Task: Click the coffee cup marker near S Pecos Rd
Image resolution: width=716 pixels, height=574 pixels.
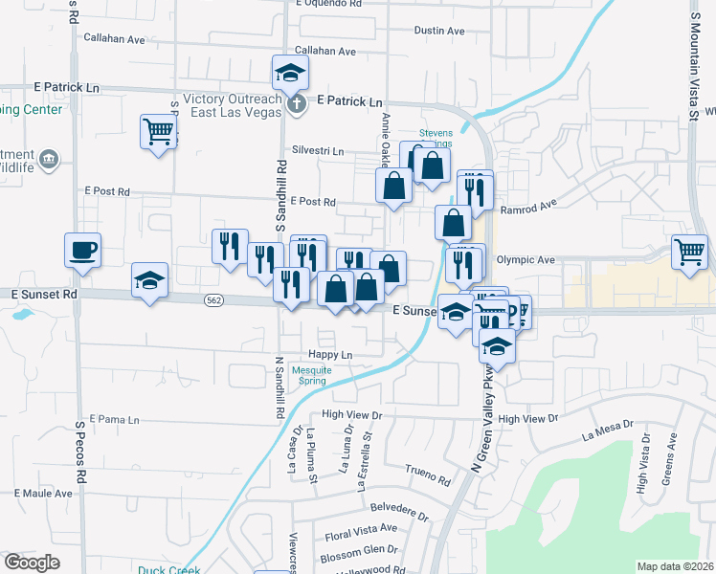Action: [x=82, y=251]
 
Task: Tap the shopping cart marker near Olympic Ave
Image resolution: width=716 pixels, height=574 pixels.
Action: [x=689, y=253]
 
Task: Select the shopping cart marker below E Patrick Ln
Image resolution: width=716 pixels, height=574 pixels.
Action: [x=158, y=131]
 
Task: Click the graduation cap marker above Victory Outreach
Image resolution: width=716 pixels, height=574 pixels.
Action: [x=290, y=73]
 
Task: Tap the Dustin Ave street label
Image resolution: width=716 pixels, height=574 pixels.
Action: [x=439, y=31]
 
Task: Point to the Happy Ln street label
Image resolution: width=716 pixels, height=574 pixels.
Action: [x=333, y=355]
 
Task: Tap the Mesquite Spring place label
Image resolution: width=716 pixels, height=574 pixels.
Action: [x=311, y=375]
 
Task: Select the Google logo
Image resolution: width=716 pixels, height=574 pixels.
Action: [x=32, y=563]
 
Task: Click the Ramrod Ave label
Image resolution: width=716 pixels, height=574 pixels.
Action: [x=528, y=206]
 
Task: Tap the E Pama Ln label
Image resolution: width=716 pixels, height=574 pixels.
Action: [x=114, y=419]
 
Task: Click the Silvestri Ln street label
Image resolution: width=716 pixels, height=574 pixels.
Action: [x=318, y=151]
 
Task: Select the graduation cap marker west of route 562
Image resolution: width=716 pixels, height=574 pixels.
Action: [x=149, y=280]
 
